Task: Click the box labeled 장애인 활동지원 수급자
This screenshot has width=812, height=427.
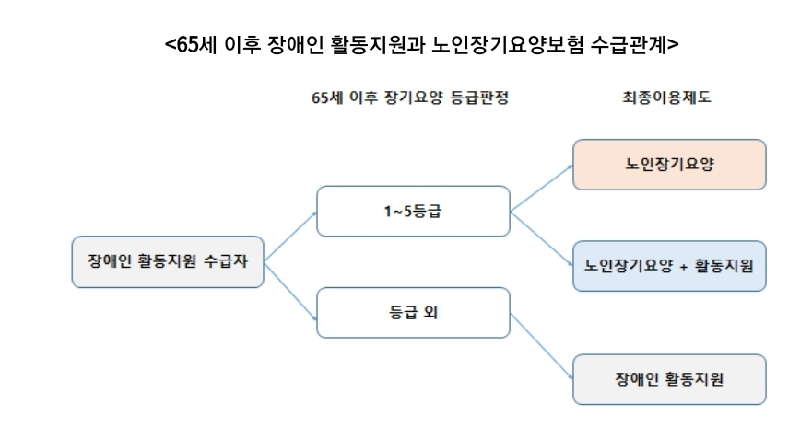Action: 168,261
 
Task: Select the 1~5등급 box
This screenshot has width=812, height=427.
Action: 412,212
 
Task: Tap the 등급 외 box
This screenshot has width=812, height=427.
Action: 412,313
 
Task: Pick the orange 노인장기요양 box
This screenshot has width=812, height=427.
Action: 669,165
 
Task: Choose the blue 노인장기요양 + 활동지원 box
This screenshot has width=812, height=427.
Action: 669,266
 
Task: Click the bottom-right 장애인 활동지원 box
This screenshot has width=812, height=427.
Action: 669,379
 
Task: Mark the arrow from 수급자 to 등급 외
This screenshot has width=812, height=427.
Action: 290,289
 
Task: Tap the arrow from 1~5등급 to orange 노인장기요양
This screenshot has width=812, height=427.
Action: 541,188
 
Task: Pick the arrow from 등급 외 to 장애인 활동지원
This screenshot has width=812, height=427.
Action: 541,346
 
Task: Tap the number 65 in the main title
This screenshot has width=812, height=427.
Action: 188,43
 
